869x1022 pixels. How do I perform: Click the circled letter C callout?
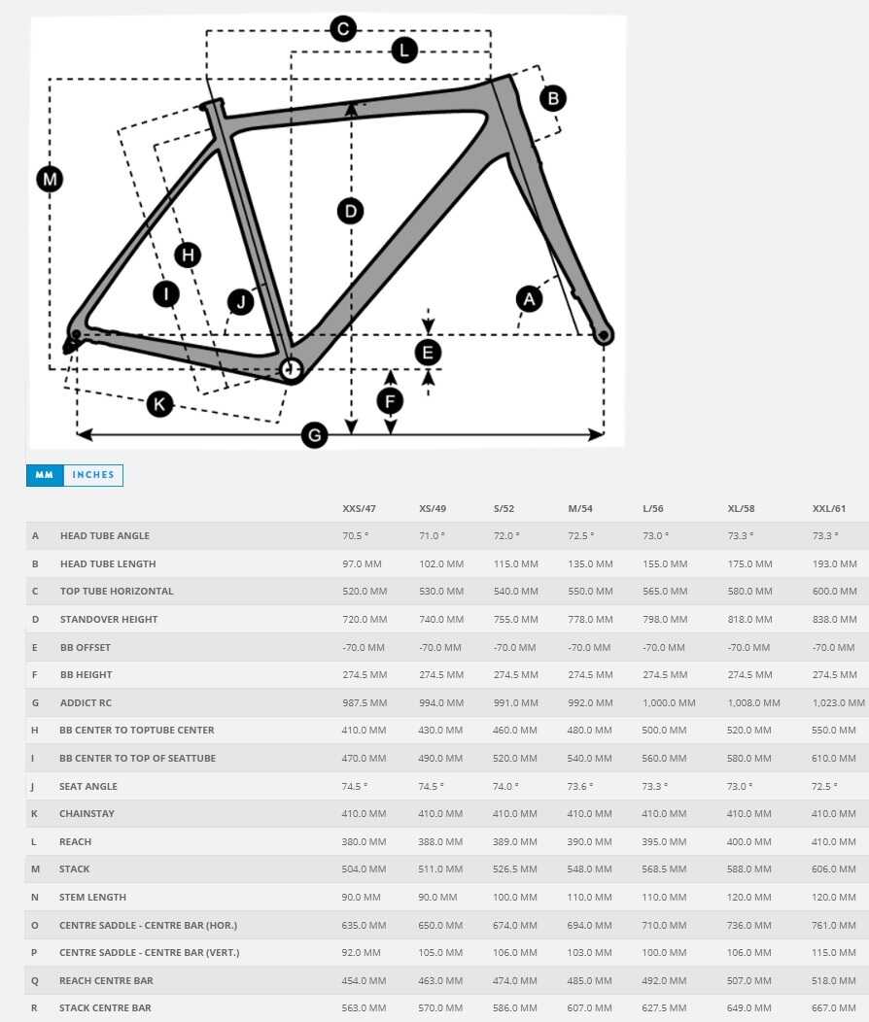342,29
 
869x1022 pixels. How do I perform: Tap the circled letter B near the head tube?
552,98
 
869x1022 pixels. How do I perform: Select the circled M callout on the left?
50,179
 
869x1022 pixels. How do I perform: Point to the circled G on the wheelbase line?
314,436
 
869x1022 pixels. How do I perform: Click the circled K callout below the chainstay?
159,404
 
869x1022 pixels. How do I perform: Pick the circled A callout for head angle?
529,299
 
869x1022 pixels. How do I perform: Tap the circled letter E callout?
428,353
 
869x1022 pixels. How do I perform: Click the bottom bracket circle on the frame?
291,367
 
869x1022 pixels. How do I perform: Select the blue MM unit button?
44,475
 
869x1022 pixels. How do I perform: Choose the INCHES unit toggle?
93,475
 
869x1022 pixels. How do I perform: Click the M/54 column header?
580,508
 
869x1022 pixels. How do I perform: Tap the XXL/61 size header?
828,508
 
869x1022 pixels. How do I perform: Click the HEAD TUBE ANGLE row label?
105,535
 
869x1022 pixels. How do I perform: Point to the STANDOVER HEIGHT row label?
109,619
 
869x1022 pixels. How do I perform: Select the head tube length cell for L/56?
665,563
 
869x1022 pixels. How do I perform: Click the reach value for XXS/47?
365,841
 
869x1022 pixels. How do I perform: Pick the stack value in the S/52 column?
515,869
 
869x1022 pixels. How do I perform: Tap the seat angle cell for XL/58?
741,786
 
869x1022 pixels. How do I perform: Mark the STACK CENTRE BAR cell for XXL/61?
835,1008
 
